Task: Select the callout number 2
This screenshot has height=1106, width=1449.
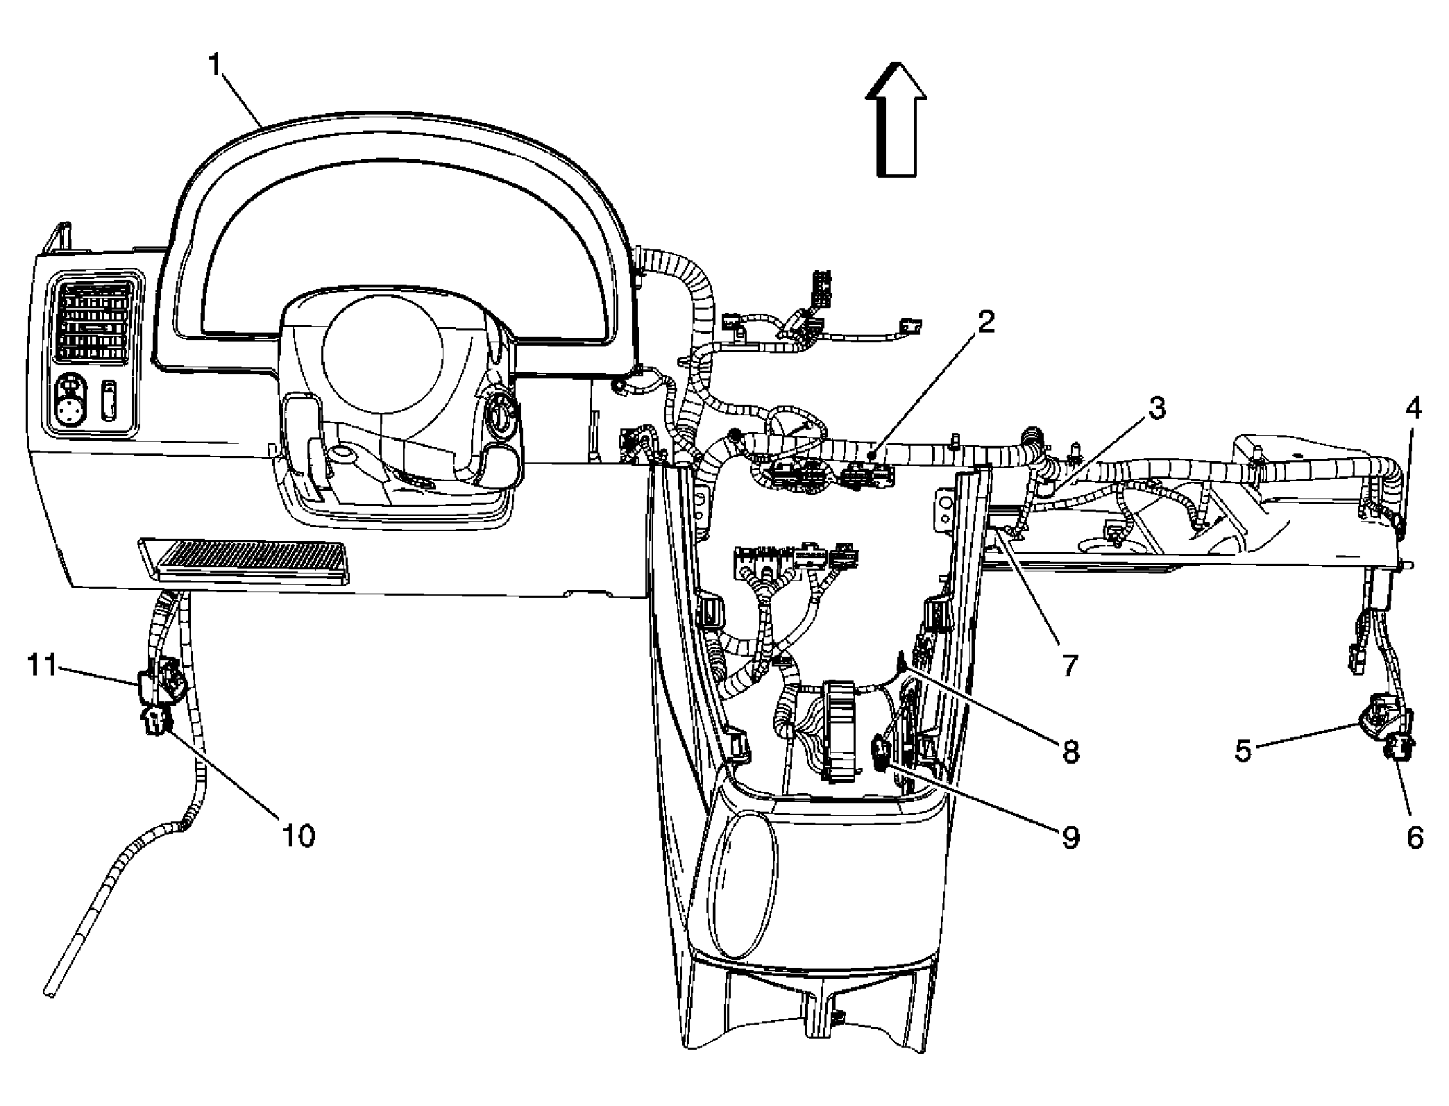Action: pyautogui.click(x=985, y=324)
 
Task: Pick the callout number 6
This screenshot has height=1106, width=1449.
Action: pyautogui.click(x=1414, y=837)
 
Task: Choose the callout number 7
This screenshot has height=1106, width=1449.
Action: pyautogui.click(x=1069, y=664)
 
